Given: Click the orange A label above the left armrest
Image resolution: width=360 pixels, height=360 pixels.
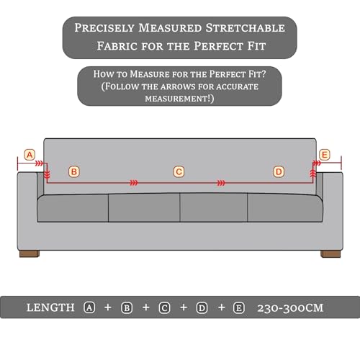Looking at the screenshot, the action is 30,155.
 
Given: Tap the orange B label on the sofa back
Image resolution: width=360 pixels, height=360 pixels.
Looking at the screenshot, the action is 74,172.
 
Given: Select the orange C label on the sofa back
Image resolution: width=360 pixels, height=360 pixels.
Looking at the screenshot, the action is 179,172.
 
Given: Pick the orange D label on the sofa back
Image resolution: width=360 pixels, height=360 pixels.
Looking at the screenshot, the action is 279,172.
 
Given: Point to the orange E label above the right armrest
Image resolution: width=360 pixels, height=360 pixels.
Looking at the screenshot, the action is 325,155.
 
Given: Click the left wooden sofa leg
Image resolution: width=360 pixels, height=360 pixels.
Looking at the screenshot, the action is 30,253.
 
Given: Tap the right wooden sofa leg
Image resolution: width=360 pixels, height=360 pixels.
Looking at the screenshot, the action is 330,254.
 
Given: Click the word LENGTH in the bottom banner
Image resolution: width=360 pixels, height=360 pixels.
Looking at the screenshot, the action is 50,307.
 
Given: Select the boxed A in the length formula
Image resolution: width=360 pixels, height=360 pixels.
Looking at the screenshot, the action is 89,307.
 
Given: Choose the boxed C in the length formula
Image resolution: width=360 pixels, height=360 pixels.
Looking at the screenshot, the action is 165,307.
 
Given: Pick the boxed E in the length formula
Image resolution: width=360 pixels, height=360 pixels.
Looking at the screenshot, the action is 239,307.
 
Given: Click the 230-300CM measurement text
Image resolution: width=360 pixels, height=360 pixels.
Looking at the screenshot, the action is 290,308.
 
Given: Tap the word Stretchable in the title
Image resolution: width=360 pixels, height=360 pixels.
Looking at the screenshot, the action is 246,28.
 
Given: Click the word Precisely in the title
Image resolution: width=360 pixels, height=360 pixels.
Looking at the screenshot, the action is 104,28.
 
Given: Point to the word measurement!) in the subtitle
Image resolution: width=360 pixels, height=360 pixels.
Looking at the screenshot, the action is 179,99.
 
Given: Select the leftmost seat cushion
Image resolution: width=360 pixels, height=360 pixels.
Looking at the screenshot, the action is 73,208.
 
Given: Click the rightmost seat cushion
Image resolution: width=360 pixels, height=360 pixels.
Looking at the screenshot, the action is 285,208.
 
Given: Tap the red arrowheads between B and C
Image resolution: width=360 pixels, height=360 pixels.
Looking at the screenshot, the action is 134,183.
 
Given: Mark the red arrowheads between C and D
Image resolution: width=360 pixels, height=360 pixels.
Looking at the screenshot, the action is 221,183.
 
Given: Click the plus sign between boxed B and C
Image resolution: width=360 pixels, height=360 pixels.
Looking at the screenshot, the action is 146,307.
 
